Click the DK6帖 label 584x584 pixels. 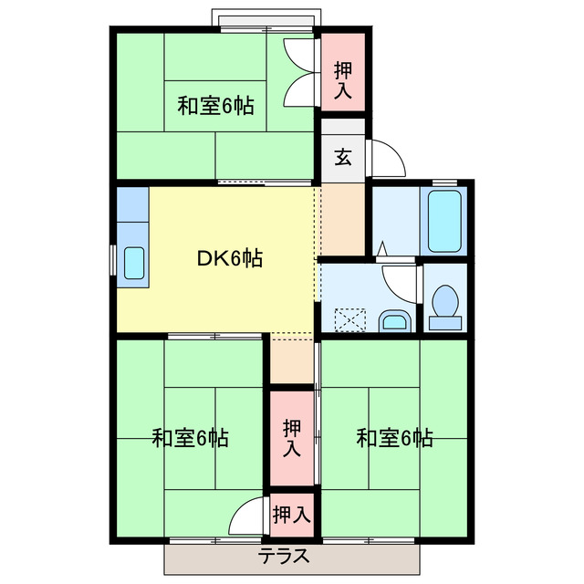[x=230, y=258]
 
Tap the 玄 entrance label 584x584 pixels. [x=342, y=157]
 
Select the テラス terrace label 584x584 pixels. [x=284, y=555]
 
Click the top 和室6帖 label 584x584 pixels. [x=215, y=107]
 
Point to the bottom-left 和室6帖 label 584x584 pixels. [x=190, y=438]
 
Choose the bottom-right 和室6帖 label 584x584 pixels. [x=394, y=438]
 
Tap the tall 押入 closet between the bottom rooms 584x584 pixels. [x=291, y=437]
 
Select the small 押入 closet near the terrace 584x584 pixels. [x=291, y=514]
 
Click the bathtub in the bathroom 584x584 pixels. [x=446, y=223]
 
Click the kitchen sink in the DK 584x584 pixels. [x=134, y=264]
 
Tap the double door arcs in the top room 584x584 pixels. [x=299, y=73]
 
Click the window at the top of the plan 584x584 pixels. [x=266, y=19]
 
